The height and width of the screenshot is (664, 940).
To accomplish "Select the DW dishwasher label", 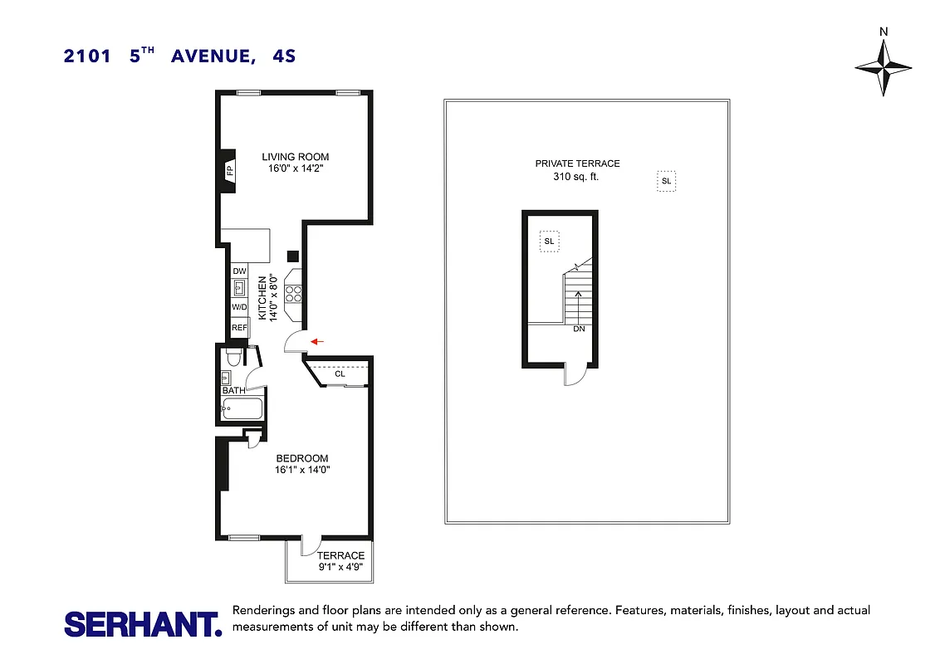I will pyautogui.click(x=239, y=271).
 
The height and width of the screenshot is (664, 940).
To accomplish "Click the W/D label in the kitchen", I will pyautogui.click(x=239, y=307).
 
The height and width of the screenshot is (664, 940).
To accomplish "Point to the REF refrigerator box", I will pyautogui.click(x=239, y=328).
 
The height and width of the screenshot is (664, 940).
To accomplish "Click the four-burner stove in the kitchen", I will pyautogui.click(x=294, y=293).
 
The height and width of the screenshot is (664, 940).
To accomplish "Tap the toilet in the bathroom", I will pyautogui.click(x=233, y=358).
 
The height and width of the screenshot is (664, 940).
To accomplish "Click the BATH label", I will pyautogui.click(x=233, y=390).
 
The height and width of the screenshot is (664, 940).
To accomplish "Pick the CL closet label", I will pyautogui.click(x=340, y=374).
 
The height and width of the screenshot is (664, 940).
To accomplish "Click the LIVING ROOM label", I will pyautogui.click(x=296, y=157).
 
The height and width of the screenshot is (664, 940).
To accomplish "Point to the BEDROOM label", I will pyautogui.click(x=302, y=458).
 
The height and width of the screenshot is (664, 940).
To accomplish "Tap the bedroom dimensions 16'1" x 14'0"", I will pyautogui.click(x=302, y=470).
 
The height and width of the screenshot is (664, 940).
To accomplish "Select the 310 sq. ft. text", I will pyautogui.click(x=577, y=177).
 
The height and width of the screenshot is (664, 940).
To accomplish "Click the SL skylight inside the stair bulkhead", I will pyautogui.click(x=548, y=242).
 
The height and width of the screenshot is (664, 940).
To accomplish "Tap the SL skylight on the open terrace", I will pyautogui.click(x=666, y=181).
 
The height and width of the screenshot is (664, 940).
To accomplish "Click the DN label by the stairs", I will pyautogui.click(x=579, y=329).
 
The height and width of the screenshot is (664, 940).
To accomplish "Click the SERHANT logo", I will pyautogui.click(x=143, y=624).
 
